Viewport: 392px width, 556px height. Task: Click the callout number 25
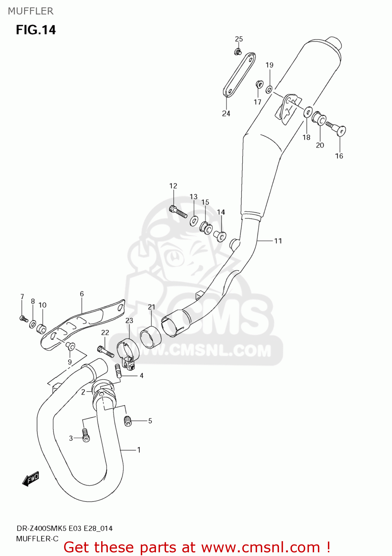[239, 39]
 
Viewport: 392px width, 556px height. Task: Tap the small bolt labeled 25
[238, 52]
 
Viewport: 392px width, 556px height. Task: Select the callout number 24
[226, 113]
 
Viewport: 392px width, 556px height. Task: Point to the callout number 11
[278, 241]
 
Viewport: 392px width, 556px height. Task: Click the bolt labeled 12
[178, 212]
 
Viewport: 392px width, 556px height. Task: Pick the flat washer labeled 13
[194, 221]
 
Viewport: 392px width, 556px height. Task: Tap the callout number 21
[152, 307]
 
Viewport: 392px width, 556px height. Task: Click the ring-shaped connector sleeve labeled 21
[151, 337]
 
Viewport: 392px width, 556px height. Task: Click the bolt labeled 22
[105, 351]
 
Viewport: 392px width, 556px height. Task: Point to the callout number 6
[82, 294]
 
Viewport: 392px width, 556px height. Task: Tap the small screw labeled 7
[23, 318]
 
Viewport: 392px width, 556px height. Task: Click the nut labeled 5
[128, 421]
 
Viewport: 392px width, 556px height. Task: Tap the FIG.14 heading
[36, 30]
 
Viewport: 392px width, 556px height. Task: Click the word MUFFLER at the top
[31, 11]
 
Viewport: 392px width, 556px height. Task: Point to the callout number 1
[139, 450]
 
